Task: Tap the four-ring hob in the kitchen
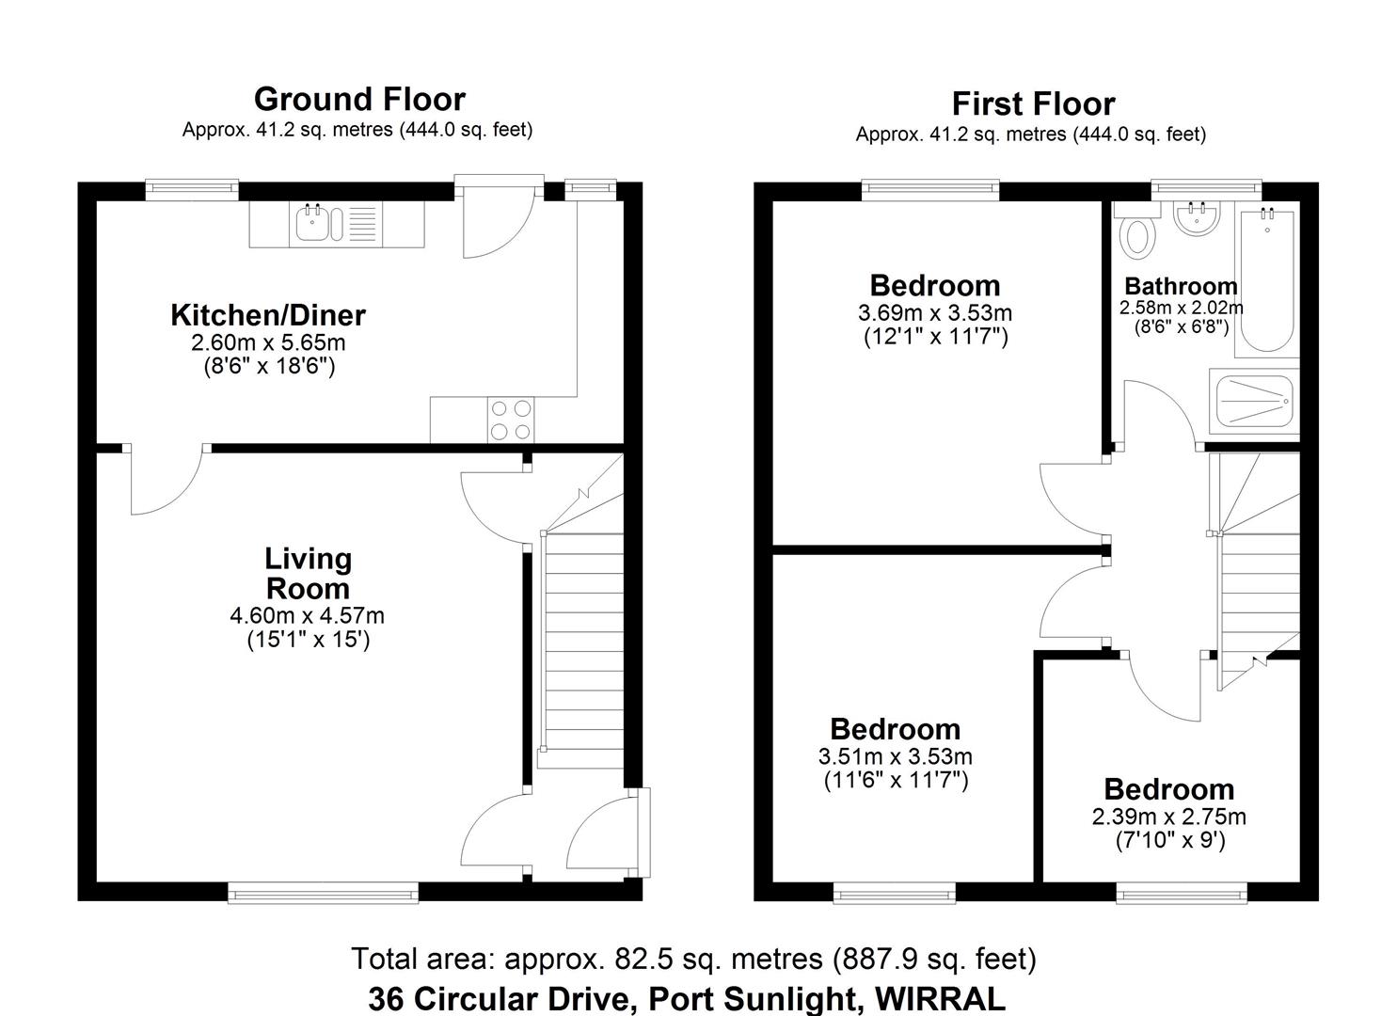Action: tap(509, 420)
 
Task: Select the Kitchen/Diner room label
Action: tap(268, 315)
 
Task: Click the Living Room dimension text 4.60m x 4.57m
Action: tap(308, 616)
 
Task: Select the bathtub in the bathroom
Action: tap(1266, 282)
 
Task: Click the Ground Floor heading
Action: tap(359, 99)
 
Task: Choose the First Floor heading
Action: tap(1033, 103)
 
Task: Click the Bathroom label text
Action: tap(1181, 286)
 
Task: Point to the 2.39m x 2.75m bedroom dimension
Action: tap(1168, 817)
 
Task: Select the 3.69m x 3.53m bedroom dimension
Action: tap(934, 312)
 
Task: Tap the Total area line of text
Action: tap(693, 959)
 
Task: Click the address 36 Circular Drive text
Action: tap(687, 997)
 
